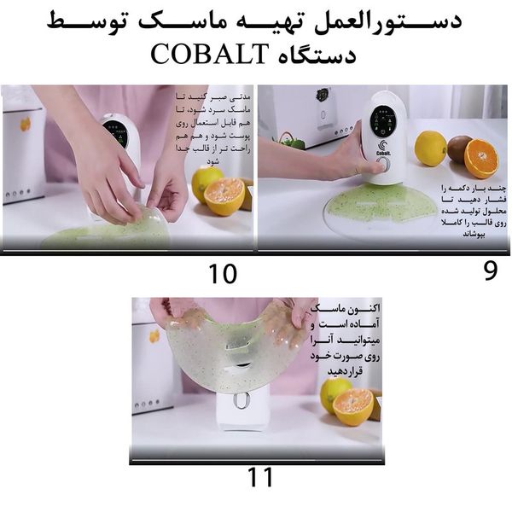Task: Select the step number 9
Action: (490, 271)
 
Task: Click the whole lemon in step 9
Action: (430, 148)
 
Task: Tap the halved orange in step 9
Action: (481, 158)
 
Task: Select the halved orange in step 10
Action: (224, 195)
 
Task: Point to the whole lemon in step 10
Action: (207, 181)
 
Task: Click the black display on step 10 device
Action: (116, 133)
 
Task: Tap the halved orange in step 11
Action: (352, 406)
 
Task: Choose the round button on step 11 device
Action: (241, 399)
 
